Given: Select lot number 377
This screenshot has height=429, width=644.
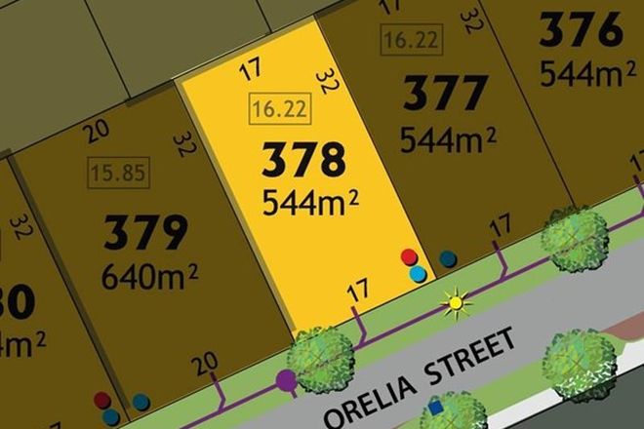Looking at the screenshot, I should [445, 96].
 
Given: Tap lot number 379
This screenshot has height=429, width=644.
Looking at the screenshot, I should [145, 234].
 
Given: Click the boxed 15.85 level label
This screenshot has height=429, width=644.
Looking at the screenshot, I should [116, 175].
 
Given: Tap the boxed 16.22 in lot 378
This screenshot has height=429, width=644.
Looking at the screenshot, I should [280, 111].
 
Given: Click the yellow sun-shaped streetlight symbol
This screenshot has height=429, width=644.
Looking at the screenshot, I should [454, 303].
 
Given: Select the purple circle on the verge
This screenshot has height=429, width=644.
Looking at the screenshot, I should [286, 379].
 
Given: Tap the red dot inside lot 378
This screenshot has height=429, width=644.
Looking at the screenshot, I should [409, 257].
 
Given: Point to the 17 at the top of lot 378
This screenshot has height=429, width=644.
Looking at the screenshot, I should [251, 70].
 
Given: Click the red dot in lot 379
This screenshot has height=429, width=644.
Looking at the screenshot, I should [102, 400].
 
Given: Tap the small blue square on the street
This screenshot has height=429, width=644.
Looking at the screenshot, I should [435, 401].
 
